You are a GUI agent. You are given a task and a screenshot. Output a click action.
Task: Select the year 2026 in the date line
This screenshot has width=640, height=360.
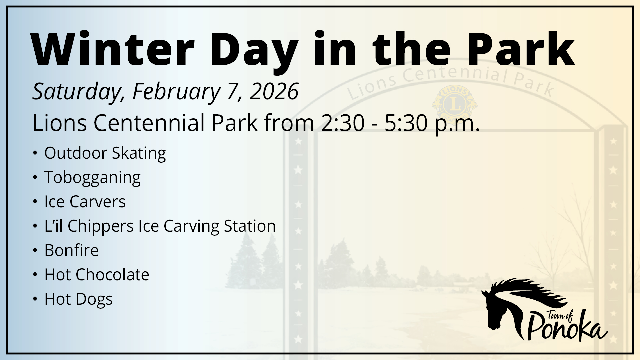click(x=274, y=91)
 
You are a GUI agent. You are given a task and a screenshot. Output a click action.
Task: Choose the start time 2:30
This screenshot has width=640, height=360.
click(x=343, y=123)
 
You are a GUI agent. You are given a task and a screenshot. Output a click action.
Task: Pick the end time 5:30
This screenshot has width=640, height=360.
click(x=406, y=123)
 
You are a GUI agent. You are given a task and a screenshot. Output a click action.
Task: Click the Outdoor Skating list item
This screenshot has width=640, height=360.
click(x=105, y=154)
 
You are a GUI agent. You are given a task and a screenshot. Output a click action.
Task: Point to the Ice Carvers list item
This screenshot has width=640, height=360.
click(x=85, y=202)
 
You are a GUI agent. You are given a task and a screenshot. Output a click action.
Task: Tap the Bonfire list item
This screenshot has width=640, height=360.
click(x=71, y=250)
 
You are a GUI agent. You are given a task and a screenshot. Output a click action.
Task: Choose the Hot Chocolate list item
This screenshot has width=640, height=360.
click(x=97, y=275)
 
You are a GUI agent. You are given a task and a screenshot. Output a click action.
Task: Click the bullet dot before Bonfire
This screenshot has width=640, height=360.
click(x=35, y=250)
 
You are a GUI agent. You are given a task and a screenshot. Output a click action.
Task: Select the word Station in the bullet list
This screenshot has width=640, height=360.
click(x=250, y=226)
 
